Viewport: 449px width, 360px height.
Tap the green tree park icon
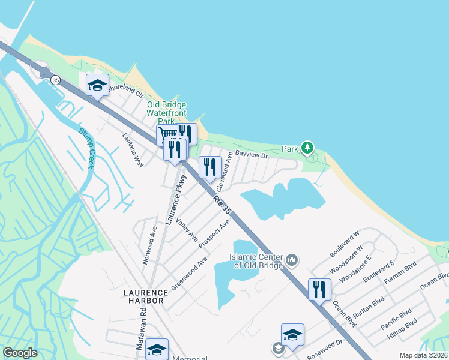pos(308,148)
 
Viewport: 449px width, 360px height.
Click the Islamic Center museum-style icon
pos(292,260)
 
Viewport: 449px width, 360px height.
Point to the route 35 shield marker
pos(56,79)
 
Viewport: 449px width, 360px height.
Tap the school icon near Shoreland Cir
pos(97,85)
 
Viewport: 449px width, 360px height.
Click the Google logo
pos(20,353)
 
